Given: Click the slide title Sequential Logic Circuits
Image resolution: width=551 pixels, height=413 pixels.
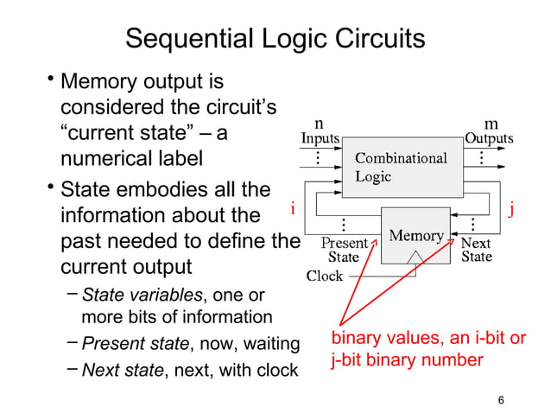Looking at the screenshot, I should pos(275,39).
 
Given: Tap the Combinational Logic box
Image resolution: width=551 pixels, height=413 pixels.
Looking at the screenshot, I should pos(401,167).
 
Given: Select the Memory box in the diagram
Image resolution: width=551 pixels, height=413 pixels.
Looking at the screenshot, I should pos(416,235).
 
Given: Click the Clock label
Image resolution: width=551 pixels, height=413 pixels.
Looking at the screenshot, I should pos(326,276).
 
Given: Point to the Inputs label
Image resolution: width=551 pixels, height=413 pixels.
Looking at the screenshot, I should pos(319,138).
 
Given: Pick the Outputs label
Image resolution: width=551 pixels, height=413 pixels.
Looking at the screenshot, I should pos(489,138).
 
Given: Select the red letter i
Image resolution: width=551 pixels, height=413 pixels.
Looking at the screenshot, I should pos(293,208).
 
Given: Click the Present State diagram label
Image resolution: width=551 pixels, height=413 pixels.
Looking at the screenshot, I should pos(344,250).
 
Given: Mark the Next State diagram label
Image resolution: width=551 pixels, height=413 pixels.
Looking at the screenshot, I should pos(476,250).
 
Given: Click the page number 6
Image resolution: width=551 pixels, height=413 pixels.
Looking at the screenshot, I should pos(503,399).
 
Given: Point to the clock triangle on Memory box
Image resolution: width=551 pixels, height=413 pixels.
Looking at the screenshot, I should pos(416,257).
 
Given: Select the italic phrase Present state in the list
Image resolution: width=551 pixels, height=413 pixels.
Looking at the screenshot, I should pos(135,345).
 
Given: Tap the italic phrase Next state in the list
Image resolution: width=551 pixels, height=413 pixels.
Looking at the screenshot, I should pos(123,370).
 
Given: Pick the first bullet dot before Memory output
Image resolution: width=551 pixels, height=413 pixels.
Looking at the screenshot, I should pos(51,82).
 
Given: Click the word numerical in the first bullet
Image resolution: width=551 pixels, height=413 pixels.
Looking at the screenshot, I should pos(107,160).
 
